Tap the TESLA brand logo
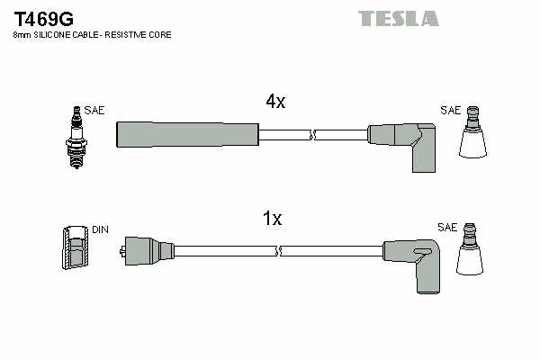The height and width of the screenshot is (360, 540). pyautogui.click(x=398, y=18)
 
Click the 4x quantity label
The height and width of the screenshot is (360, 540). pyautogui.click(x=275, y=103)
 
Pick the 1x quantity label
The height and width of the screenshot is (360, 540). pyautogui.click(x=273, y=219)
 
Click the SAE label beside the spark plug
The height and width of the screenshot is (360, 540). pyautogui.click(x=94, y=111)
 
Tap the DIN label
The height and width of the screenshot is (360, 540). pyautogui.click(x=99, y=229)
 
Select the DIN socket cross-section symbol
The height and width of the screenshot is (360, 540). pyautogui.click(x=75, y=247)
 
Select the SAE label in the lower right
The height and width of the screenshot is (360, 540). pyautogui.click(x=446, y=227)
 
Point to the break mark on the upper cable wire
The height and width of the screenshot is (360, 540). pyautogui.click(x=313, y=135)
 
